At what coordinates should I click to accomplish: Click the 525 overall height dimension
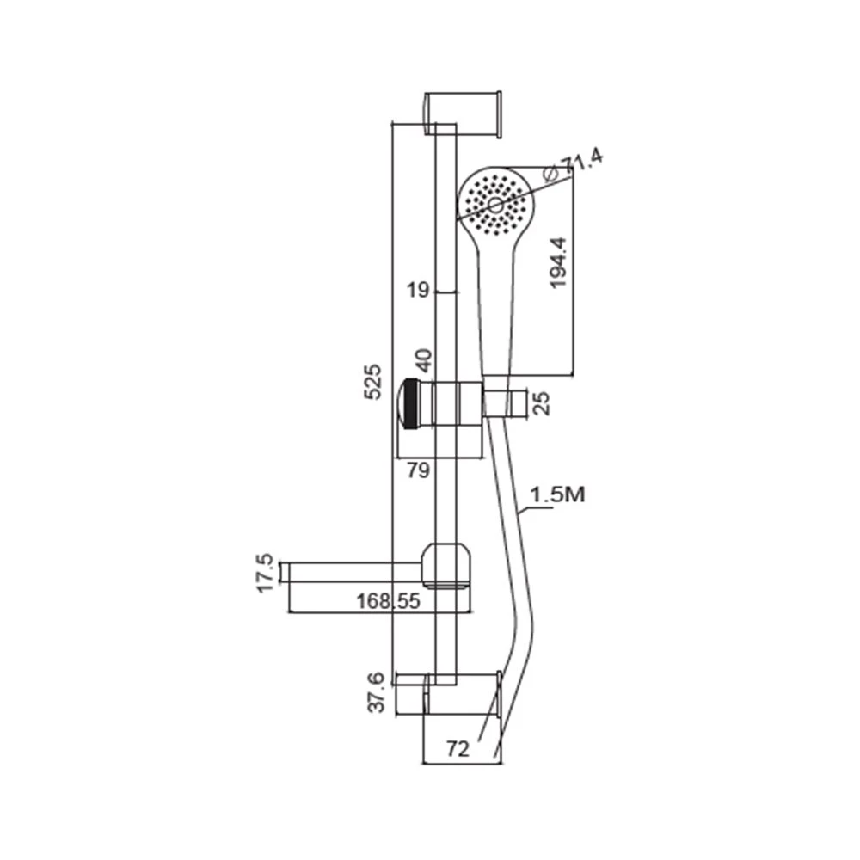[372, 381]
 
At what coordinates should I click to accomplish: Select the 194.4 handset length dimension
[558, 262]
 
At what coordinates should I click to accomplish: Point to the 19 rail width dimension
[417, 289]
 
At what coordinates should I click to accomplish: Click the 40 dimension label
[424, 360]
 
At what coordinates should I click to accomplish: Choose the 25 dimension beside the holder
[541, 403]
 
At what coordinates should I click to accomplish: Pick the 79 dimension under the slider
[419, 470]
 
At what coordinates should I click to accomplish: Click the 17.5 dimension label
[265, 573]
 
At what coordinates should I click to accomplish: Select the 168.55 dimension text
[389, 601]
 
